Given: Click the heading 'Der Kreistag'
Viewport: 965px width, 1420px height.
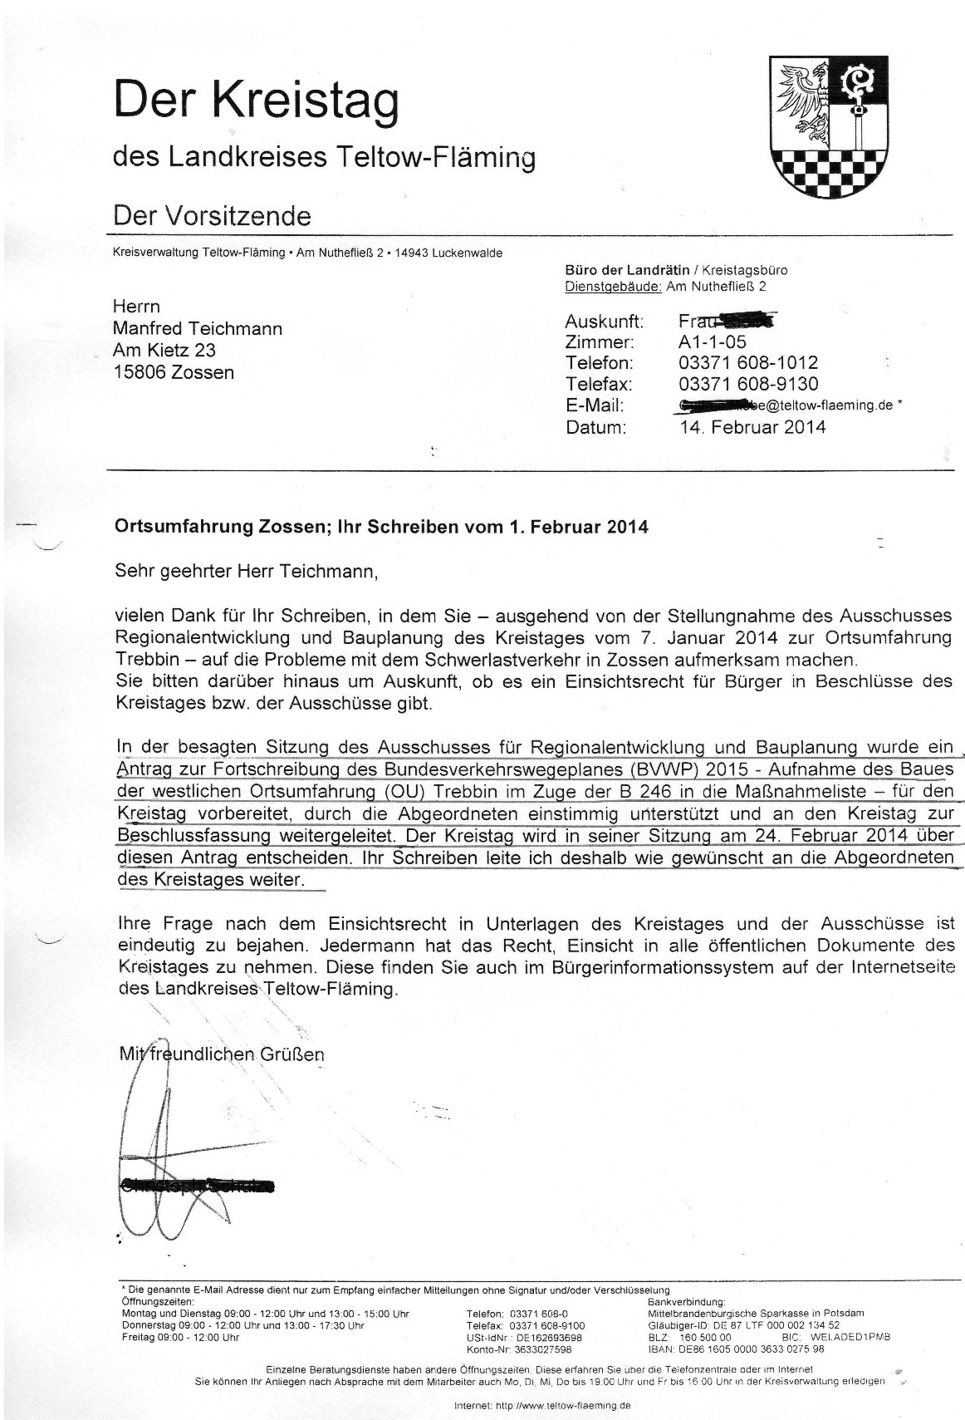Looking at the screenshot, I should pyautogui.click(x=256, y=101).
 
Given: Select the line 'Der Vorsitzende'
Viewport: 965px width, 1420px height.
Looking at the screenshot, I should pyautogui.click(x=212, y=216).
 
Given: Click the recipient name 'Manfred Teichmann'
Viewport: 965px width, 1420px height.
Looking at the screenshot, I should pyautogui.click(x=197, y=328).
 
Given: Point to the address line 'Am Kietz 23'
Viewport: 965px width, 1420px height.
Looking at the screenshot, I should pyautogui.click(x=164, y=350).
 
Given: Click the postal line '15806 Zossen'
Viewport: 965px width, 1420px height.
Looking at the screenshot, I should pyautogui.click(x=173, y=371).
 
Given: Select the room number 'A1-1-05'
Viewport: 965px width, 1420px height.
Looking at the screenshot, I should pyautogui.click(x=713, y=341).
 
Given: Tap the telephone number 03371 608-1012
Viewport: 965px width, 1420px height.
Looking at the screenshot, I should pyautogui.click(x=747, y=363).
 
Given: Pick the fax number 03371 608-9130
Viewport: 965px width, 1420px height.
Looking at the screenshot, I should pyautogui.click(x=747, y=384).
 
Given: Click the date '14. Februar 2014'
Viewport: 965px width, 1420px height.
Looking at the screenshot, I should pyautogui.click(x=752, y=427).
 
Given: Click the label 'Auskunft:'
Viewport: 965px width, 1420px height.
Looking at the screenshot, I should pyautogui.click(x=604, y=322).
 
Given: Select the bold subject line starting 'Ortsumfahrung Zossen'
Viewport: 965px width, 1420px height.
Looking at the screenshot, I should pyautogui.click(x=381, y=527).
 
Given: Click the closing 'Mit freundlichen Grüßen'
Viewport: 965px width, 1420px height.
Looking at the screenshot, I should pyautogui.click(x=222, y=1054).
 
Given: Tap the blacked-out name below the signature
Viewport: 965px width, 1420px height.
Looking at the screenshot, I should pyautogui.click(x=197, y=1186).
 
